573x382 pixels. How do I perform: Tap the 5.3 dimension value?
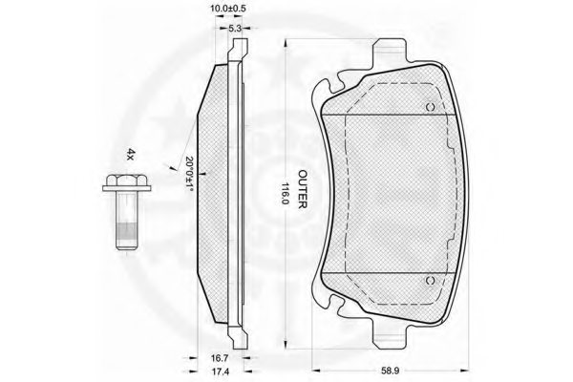(235, 28)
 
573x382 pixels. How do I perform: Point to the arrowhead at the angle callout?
(172, 168)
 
